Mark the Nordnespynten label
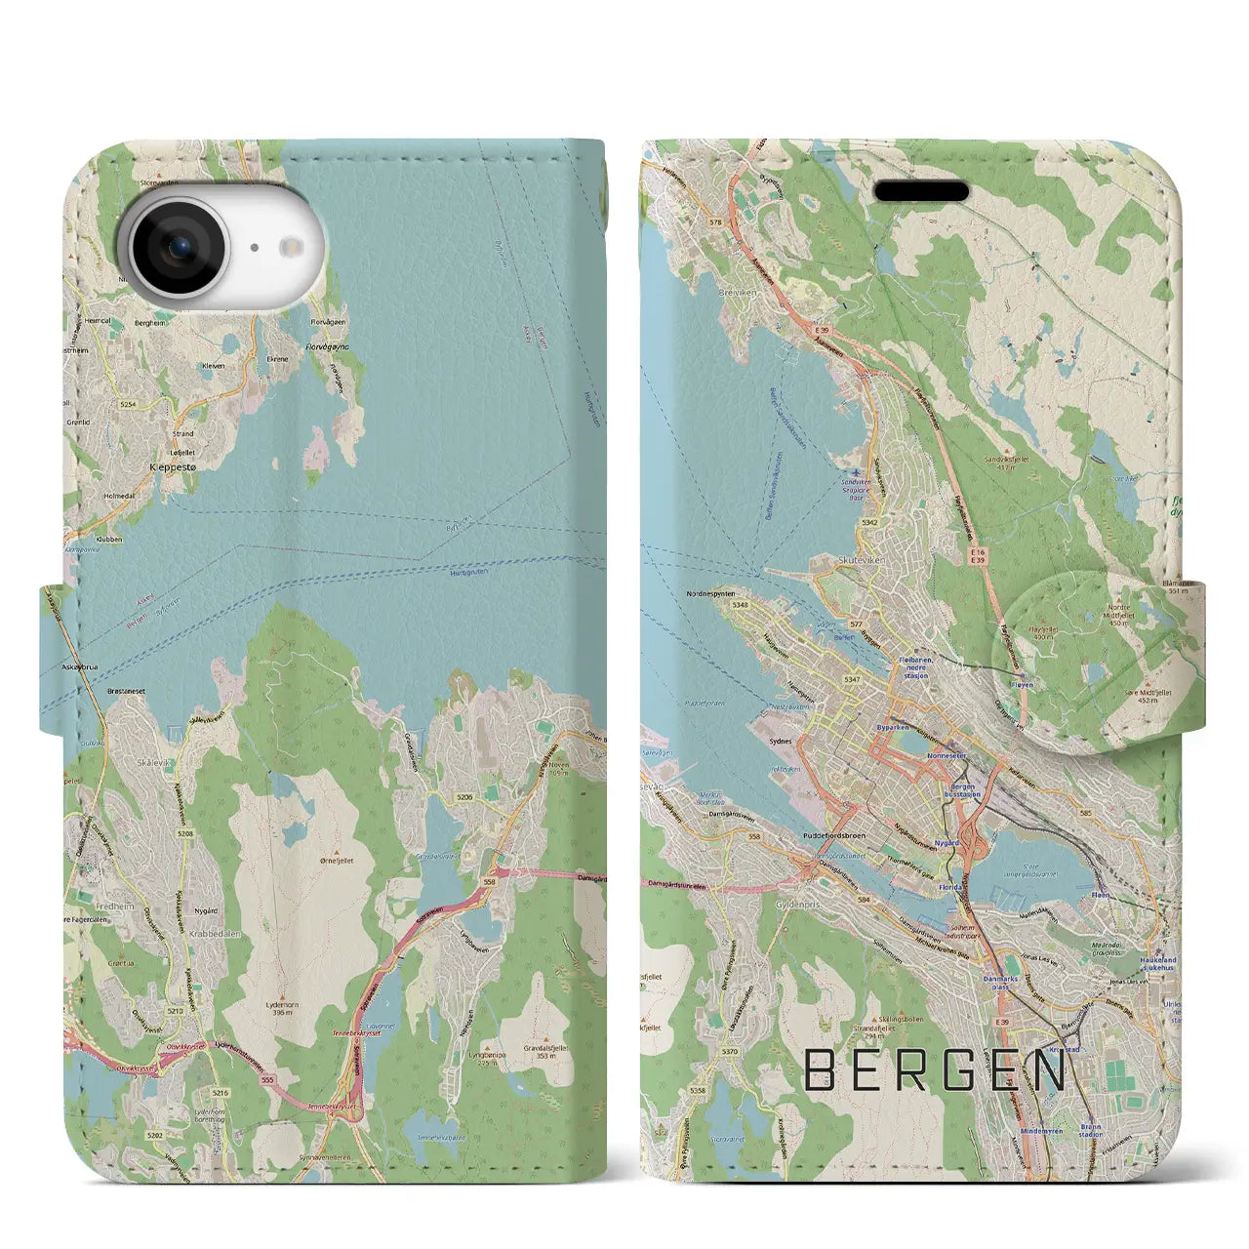click(709, 592)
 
